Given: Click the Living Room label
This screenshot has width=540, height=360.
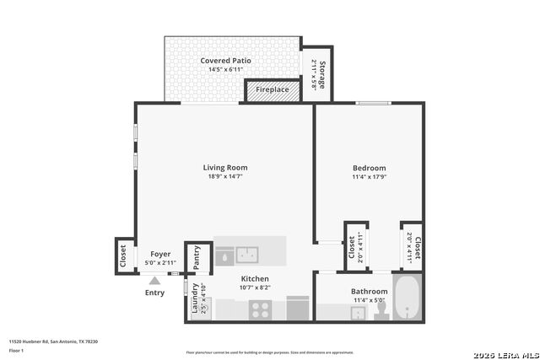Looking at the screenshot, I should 225,167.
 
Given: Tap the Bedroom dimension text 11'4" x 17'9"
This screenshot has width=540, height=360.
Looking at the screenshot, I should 369,177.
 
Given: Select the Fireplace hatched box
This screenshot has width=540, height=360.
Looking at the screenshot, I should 273,90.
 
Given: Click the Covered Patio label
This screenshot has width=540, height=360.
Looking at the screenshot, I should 225,61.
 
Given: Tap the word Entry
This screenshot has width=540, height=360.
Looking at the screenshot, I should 154,293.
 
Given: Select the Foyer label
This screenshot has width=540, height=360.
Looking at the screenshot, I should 160,253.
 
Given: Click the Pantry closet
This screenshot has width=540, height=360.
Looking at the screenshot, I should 197,257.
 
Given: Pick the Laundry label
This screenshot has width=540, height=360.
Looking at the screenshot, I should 195,298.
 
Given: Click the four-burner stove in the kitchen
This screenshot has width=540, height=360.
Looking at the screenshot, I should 259,309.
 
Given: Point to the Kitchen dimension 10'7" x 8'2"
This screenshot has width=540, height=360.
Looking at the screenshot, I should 255,287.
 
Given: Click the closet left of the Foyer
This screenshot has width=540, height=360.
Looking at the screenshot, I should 123,255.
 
